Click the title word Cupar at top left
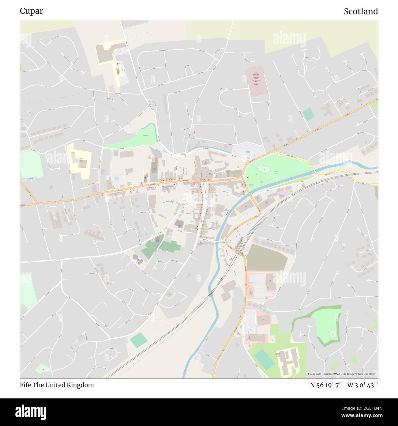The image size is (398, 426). (x=32, y=11)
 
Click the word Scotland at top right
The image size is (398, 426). (x=361, y=11)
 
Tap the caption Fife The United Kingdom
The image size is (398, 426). (x=57, y=385)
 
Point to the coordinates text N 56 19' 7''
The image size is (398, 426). (x=326, y=385)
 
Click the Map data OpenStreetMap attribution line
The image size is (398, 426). (x=342, y=374)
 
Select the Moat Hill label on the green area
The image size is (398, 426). (x=145, y=135)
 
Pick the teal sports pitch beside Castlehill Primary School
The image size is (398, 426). (x=264, y=359)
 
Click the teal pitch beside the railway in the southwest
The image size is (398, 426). (x=138, y=340)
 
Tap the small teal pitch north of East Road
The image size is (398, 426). (x=309, y=114)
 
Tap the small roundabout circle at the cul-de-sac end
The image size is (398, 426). (x=95, y=242)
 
